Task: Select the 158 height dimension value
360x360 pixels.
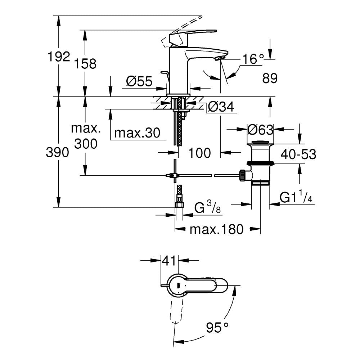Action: click(x=85, y=64)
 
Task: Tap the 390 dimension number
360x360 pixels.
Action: click(x=58, y=153)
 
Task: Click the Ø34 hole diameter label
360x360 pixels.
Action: click(x=221, y=107)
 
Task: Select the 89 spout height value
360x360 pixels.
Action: click(x=270, y=78)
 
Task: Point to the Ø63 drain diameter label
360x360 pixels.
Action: click(x=261, y=129)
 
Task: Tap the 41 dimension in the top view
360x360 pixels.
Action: click(x=169, y=260)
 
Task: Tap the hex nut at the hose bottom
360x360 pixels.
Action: click(x=179, y=206)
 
